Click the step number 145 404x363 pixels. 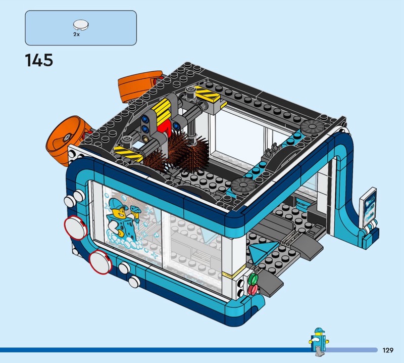[x=39, y=60]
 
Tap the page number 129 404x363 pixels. [x=388, y=350]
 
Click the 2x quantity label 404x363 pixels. [x=77, y=34]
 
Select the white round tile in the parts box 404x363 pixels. [x=81, y=25]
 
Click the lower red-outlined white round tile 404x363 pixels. [x=100, y=261]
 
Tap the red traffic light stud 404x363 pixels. [x=253, y=290]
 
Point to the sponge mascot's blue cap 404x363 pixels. [x=118, y=203]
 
